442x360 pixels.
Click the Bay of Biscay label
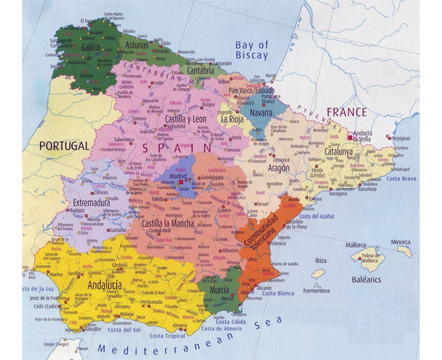(252, 50)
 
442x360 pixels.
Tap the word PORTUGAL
(64, 146)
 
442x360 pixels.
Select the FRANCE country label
(347, 113)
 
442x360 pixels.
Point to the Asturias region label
(136, 45)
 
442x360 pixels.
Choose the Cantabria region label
(201, 70)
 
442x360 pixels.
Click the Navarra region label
(262, 113)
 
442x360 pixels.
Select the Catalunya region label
(338, 152)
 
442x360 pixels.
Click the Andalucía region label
(105, 285)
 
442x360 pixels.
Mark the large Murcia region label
(219, 290)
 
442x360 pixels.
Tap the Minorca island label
(401, 242)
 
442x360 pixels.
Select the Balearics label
(366, 280)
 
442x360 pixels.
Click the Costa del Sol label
(124, 330)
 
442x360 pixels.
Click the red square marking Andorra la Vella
(349, 138)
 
